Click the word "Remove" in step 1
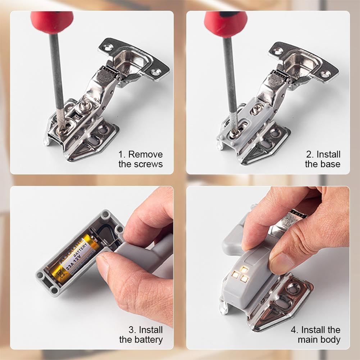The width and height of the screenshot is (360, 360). tap(145, 154)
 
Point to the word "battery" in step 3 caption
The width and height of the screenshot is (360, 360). tap(148, 340)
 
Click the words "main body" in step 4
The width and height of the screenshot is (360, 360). tap(319, 340)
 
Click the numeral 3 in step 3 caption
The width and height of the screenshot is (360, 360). tap(132, 330)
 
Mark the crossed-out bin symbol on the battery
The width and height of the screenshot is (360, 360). tap(59, 274)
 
